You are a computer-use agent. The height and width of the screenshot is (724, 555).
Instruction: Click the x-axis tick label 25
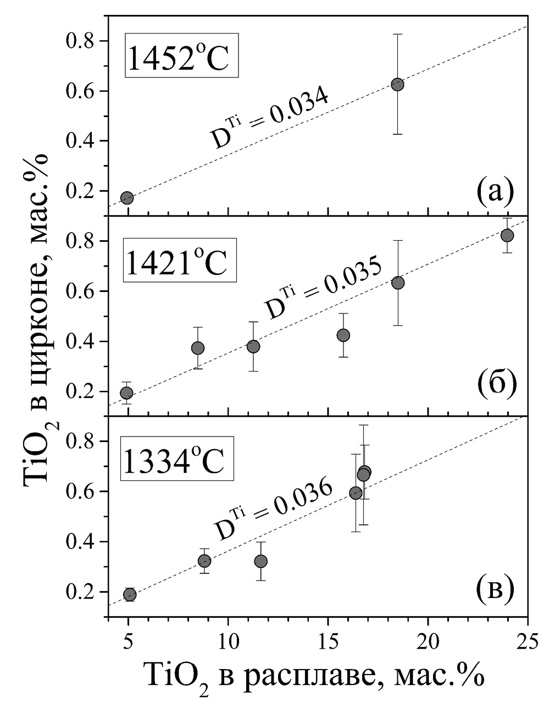(528, 640)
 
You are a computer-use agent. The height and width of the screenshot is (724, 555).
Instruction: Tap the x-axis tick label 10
(228, 640)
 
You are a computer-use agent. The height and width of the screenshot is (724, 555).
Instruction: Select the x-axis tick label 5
(128, 640)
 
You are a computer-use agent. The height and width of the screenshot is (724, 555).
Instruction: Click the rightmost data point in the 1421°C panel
(507, 235)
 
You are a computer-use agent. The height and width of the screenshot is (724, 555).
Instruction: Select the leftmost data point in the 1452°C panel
(127, 198)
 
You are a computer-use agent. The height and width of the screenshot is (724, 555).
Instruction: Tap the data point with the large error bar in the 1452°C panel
(397, 85)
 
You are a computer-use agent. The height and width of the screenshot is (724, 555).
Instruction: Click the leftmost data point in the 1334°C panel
(130, 595)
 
